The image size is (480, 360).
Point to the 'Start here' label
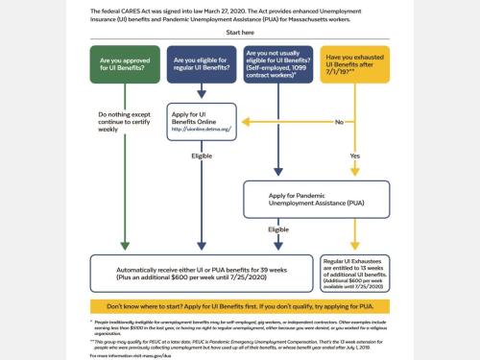click(x=240, y=31)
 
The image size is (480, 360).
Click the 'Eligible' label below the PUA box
click(x=277, y=229)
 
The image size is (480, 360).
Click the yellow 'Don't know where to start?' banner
click(x=240, y=305)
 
